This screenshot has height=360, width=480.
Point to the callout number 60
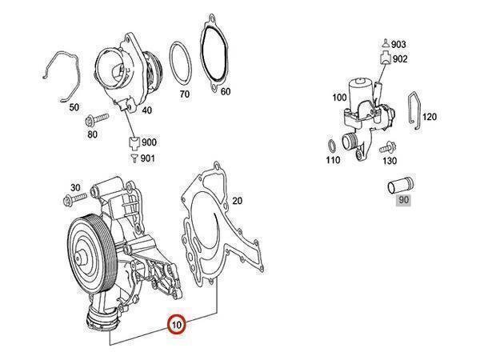point(226,91)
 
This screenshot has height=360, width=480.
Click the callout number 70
point(184,94)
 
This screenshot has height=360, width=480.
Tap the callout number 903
point(399,43)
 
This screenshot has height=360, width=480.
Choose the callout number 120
point(430,117)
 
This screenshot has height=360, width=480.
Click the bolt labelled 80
point(94,122)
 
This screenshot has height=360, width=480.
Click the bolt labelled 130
point(388,148)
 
